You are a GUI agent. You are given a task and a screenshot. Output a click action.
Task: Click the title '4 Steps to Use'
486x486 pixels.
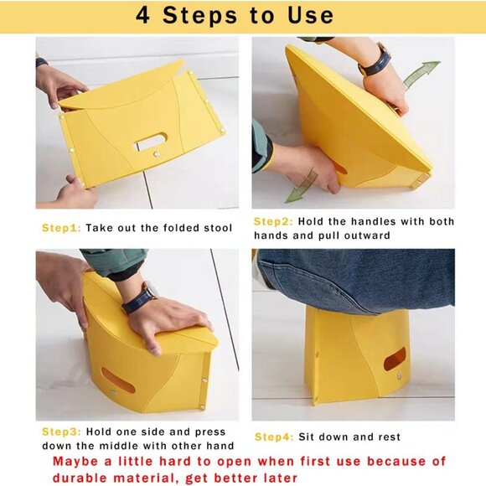(x=235, y=16)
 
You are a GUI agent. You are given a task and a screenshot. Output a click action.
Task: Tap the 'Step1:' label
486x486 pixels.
(x=61, y=227)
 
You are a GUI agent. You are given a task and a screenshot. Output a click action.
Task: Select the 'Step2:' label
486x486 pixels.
(x=272, y=221)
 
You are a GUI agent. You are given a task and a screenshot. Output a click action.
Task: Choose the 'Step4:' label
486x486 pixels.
(x=274, y=437)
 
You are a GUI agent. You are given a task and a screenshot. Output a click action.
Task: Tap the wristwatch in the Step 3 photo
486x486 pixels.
(x=138, y=298)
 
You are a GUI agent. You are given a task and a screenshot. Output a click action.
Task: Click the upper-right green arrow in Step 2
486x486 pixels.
(x=421, y=74)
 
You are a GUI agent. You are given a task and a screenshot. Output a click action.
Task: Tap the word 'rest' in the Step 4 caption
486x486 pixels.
(x=387, y=437)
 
